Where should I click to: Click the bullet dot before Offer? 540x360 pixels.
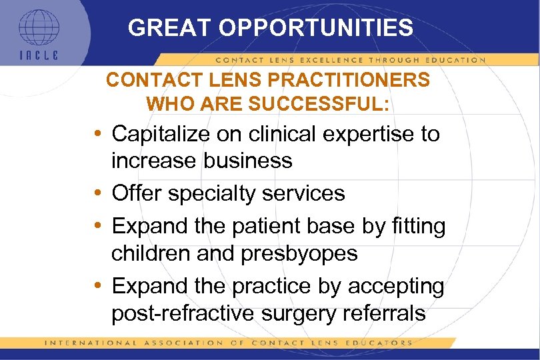[x=98, y=194]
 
